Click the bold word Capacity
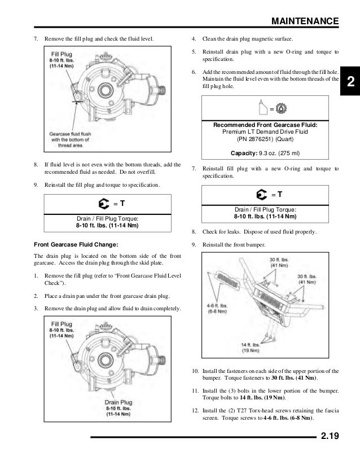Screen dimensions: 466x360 pyautogui.click(x=244, y=153)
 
